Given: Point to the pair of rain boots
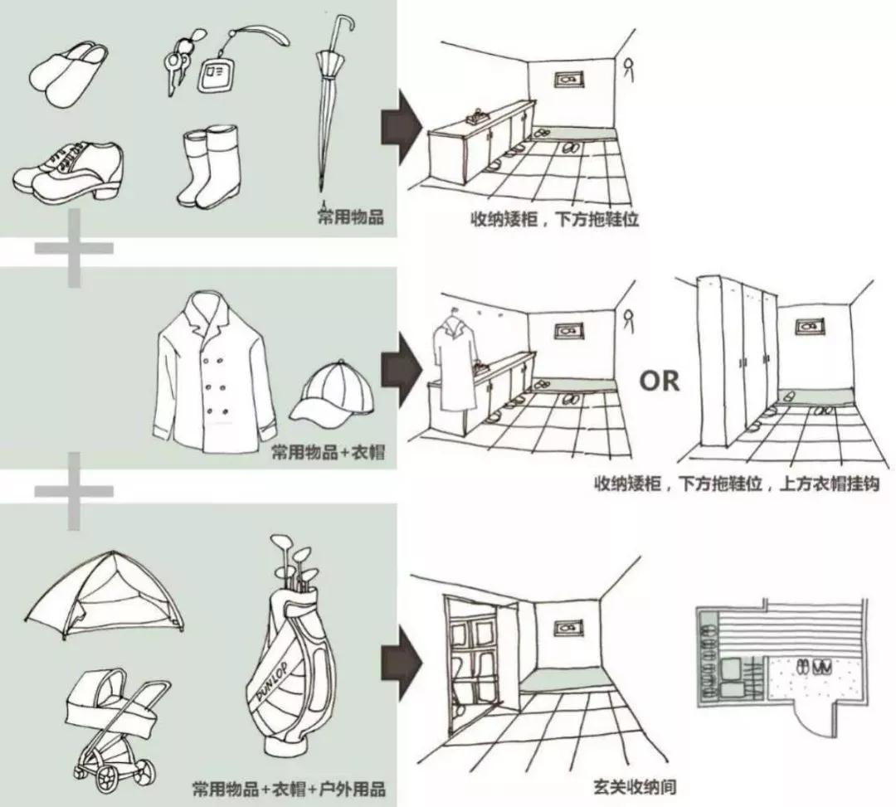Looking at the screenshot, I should [209, 166].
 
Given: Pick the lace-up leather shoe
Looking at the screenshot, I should [70, 170].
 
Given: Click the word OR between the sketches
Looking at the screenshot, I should [660, 381].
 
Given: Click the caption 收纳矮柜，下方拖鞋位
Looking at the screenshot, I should [554, 221].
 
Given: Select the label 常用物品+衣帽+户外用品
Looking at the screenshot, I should [289, 787].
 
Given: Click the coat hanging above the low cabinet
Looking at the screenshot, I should [452, 369].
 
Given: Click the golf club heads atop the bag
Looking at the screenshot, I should [292, 558].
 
